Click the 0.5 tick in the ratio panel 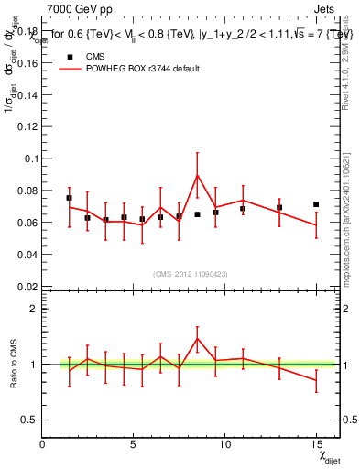tap(27, 420)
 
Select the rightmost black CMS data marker tap(316, 204)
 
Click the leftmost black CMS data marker tap(70, 198)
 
